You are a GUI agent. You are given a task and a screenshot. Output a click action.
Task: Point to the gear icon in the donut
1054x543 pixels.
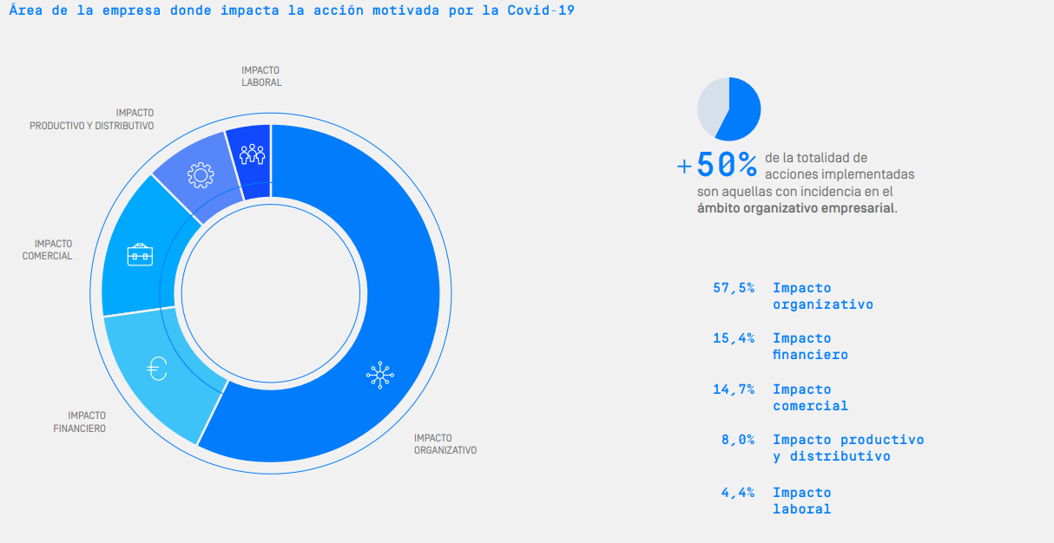[200, 176]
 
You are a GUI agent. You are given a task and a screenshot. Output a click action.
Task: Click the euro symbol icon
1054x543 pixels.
[157, 370]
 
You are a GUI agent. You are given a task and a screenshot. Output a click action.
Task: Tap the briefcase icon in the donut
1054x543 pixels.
[140, 254]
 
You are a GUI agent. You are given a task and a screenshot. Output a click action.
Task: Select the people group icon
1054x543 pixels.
[252, 154]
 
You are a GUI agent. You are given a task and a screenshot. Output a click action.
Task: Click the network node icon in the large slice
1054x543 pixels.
[379, 375]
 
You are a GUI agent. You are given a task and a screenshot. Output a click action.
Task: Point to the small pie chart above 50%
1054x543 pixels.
[729, 108]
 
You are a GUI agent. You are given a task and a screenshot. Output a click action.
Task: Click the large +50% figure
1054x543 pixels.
[720, 164]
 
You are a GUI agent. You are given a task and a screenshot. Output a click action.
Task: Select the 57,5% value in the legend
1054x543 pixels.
[734, 288]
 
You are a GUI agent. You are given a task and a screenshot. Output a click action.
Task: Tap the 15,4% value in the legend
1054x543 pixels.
[734, 338]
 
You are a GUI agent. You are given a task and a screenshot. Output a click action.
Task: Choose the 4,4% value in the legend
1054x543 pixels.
[737, 493]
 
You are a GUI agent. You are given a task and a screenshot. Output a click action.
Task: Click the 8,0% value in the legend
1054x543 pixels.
[737, 440]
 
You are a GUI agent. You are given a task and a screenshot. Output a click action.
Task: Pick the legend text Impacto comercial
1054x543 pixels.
[810, 397]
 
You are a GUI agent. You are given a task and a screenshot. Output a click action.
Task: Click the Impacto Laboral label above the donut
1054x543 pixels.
[261, 76]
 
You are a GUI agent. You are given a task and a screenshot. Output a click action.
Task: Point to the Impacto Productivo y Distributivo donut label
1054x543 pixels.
[92, 119]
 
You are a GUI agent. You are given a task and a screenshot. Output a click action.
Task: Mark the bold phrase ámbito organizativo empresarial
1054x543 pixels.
[795, 208]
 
